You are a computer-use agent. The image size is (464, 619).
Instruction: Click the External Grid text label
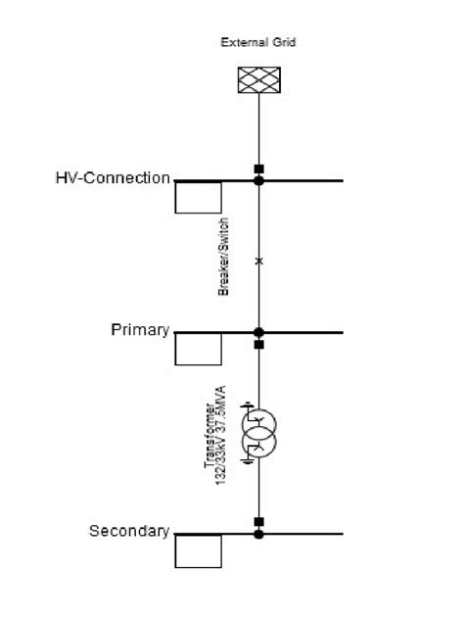(x=258, y=42)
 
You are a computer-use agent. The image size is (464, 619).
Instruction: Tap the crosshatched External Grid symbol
(x=258, y=79)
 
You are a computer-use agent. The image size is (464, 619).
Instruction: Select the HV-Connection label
(x=113, y=178)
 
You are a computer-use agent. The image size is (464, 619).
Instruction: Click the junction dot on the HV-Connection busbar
(x=258, y=180)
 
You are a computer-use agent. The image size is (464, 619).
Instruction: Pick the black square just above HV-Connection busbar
(x=258, y=168)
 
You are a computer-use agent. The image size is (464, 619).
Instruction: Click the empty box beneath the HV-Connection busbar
(x=198, y=198)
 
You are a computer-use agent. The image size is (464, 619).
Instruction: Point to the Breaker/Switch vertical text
(x=224, y=257)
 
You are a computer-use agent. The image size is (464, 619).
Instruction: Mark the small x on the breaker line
(x=258, y=261)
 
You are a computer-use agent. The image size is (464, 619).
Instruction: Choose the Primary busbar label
(x=140, y=329)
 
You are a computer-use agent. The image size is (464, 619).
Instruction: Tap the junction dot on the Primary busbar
(x=258, y=333)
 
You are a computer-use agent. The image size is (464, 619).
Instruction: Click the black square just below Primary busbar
(x=258, y=345)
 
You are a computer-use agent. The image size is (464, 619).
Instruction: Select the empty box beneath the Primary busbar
(x=198, y=350)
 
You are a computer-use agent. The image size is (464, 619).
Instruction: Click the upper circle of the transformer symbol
(x=258, y=423)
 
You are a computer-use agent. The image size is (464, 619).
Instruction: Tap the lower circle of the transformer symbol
(x=258, y=442)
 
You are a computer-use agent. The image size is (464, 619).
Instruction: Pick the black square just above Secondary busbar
(x=258, y=521)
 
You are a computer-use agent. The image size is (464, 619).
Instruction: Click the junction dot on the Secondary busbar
(x=258, y=534)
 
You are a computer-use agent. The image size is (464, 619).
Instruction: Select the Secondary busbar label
(x=128, y=531)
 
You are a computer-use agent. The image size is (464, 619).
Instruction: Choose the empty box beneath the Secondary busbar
(x=198, y=551)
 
